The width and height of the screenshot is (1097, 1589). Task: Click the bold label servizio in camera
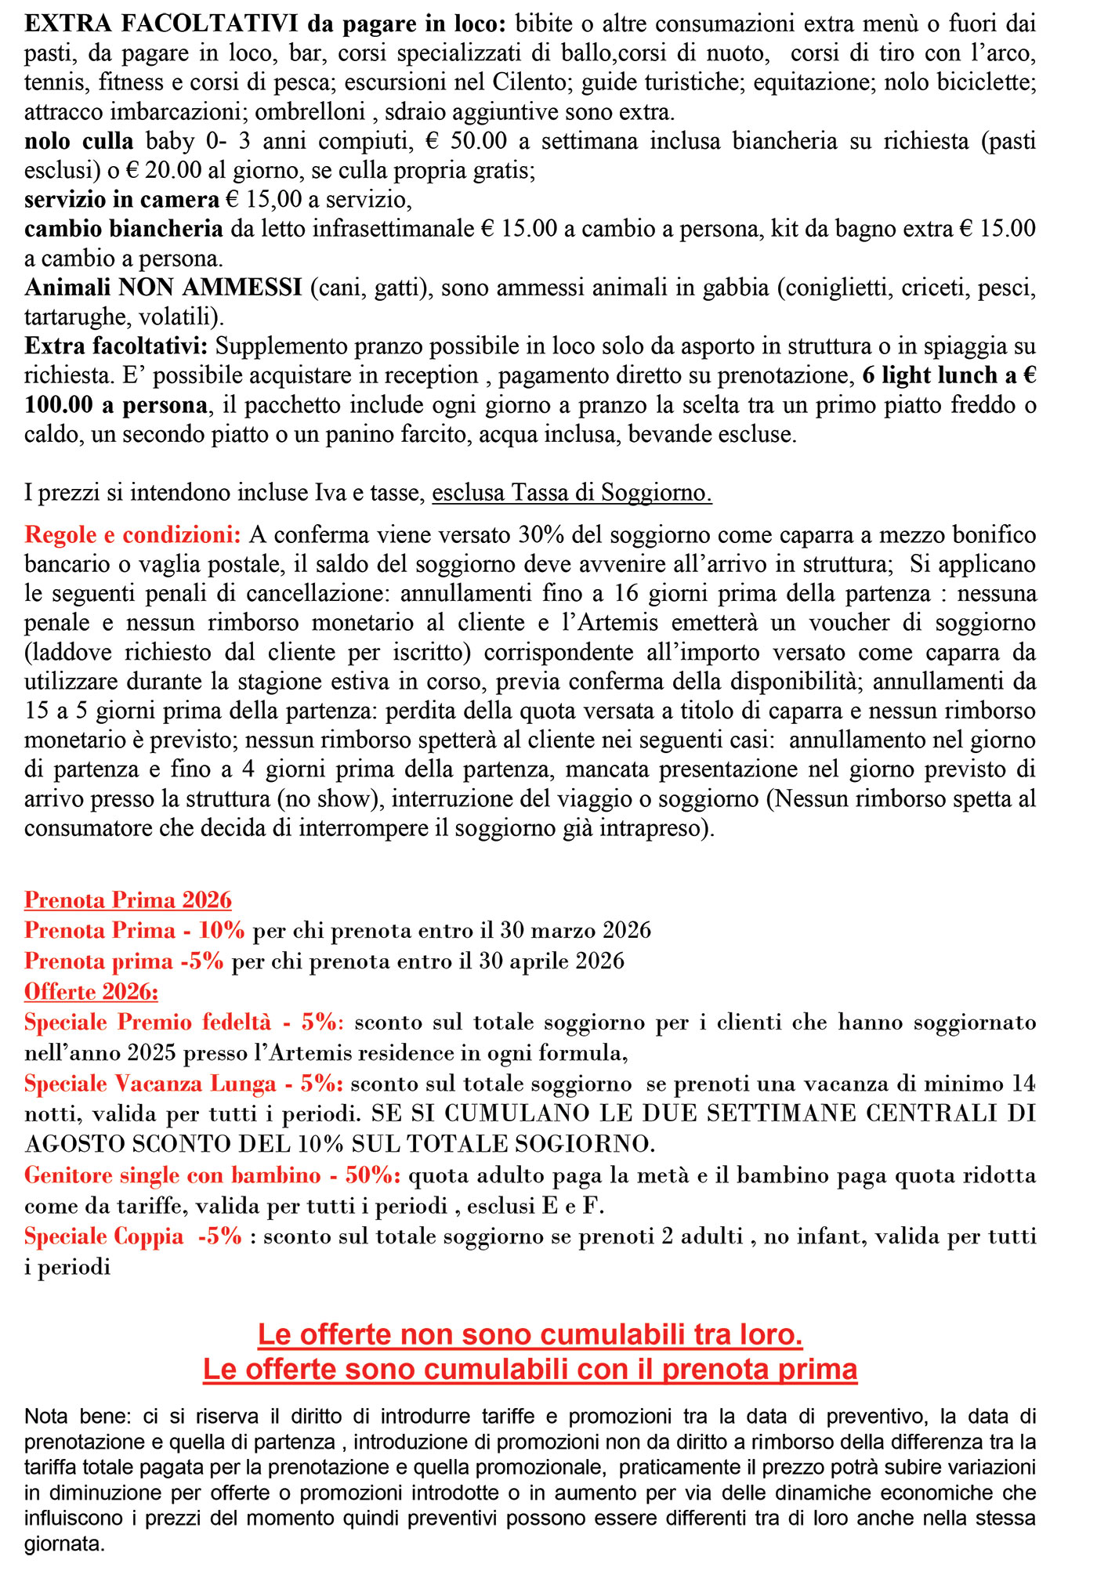click(121, 199)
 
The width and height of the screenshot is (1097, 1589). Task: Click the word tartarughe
click(74, 317)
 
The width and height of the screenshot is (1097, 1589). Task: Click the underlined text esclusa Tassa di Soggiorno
click(572, 493)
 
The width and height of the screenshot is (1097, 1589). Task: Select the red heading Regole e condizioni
click(132, 535)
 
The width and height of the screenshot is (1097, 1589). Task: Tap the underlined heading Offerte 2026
click(91, 991)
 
